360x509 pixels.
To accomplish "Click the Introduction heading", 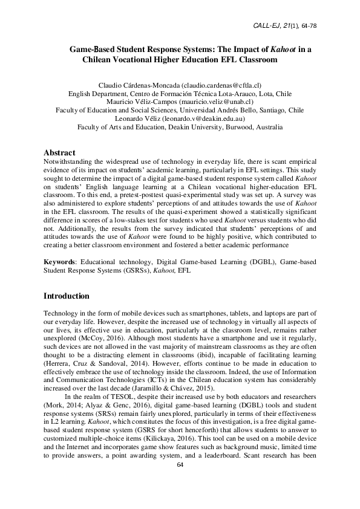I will coord(67,296).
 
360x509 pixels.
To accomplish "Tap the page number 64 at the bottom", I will coord(180,481).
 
